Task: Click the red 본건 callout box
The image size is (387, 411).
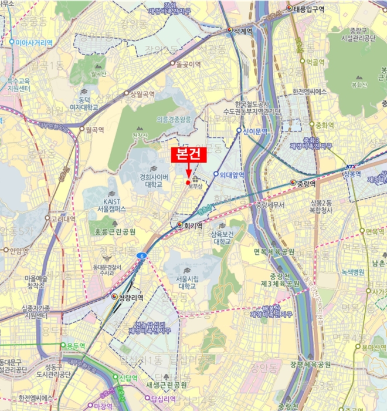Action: (x=189, y=156)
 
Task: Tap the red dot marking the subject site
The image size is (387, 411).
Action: (x=188, y=183)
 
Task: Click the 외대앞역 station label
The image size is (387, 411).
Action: (x=230, y=174)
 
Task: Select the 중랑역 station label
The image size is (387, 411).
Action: (x=306, y=183)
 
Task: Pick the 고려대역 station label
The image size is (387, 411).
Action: (x=63, y=219)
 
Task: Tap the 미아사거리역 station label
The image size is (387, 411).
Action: (x=33, y=42)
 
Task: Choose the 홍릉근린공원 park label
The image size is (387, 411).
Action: (x=116, y=232)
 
